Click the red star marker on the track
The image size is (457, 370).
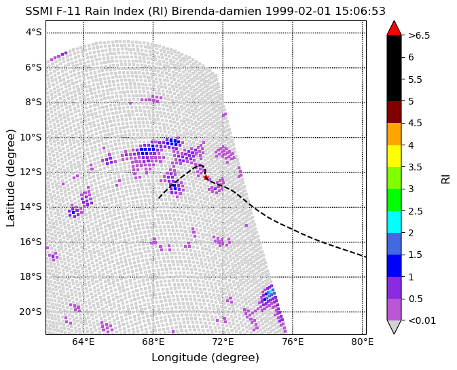point(206,177)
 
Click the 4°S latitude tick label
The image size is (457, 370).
point(34,33)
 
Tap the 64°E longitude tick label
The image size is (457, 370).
point(83,341)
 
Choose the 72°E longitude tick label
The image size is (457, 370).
point(223,341)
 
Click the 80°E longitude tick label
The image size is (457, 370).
point(363,341)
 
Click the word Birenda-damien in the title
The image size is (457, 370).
point(217,12)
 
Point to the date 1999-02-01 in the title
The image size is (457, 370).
point(298,12)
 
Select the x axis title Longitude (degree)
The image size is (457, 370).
point(205,358)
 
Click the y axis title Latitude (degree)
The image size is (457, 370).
point(10,178)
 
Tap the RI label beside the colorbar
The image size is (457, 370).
point(445,177)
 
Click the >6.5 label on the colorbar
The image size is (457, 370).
point(419,35)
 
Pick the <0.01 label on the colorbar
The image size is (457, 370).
point(422,320)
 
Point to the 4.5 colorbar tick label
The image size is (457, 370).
point(415,123)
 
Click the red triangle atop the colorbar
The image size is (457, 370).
point(394,28)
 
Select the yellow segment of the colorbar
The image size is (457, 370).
point(394,156)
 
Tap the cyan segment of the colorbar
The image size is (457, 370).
point(394,222)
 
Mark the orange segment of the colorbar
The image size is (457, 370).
point(394,134)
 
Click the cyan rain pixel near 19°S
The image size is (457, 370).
point(271,291)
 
